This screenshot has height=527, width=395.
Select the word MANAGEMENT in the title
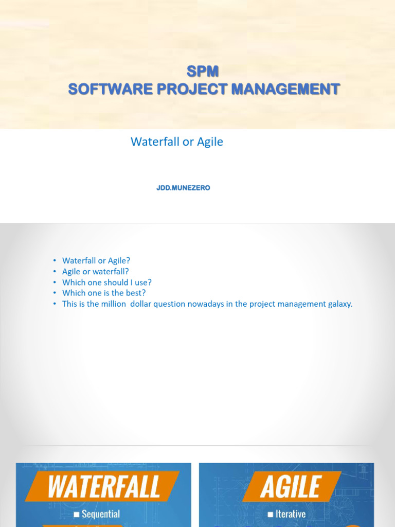tap(285, 89)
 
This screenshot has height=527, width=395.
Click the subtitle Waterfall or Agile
tap(177, 142)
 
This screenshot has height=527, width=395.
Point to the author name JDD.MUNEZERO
tap(183, 188)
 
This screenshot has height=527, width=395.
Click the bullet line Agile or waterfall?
tap(95, 272)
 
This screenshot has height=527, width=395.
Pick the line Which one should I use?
tap(107, 283)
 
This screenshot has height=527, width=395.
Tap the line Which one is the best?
tap(104, 293)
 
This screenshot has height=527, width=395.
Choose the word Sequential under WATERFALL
tap(101, 514)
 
